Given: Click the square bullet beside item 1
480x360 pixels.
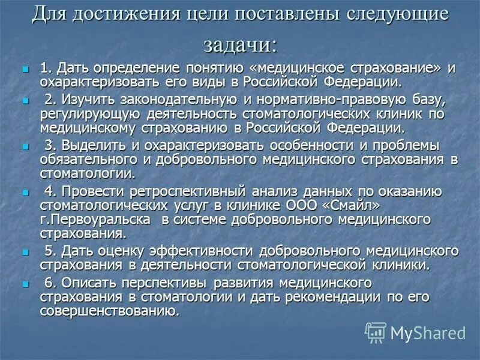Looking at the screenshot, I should pyautogui.click(x=25, y=70).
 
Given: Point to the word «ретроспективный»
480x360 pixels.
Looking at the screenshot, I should pyautogui.click(x=182, y=191).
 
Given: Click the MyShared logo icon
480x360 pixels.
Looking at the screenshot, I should pyautogui.click(x=376, y=332).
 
